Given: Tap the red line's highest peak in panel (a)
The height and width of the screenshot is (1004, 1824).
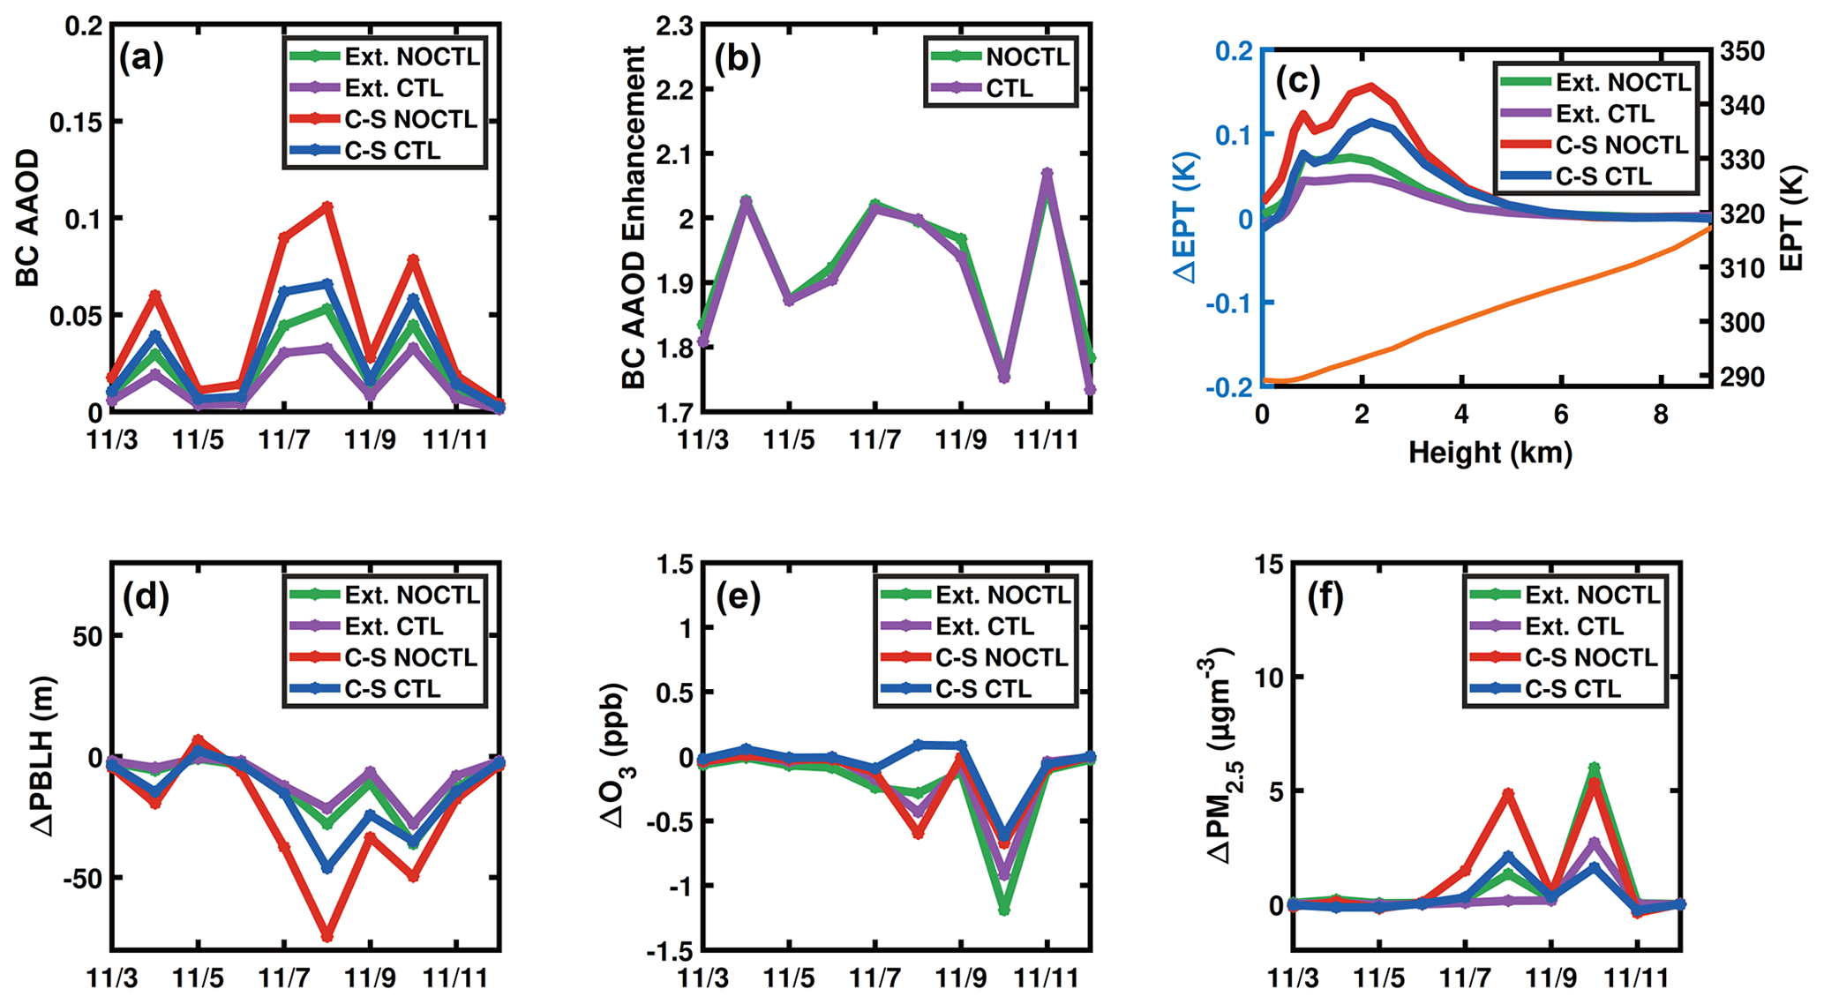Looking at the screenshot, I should click(327, 206).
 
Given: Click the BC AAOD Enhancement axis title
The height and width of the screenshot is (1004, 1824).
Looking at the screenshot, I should click(634, 218).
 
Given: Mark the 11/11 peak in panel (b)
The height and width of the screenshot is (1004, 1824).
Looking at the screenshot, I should click(1047, 173).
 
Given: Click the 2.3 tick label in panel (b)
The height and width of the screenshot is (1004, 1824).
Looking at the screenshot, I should click(675, 26).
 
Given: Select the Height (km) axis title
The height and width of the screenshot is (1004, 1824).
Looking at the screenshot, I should click(1490, 453).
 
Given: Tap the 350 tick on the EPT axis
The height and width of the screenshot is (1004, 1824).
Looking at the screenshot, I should click(1742, 51).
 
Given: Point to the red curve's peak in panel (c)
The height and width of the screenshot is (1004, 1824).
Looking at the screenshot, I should click(1370, 86).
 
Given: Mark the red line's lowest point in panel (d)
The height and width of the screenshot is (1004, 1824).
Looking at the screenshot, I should click(327, 935).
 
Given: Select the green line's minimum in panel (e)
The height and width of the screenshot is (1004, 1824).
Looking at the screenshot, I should click(1004, 910).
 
